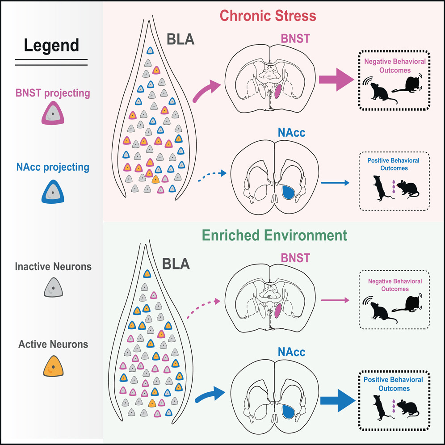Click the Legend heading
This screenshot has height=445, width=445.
coord(51,45)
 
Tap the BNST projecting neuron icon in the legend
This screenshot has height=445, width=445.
coord(53,116)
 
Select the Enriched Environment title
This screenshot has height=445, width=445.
coord(273,235)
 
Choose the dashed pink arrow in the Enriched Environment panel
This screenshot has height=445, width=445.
coord(206,306)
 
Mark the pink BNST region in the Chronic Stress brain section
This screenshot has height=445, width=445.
coord(278,92)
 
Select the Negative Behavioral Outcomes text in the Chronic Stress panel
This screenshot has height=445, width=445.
coord(395,65)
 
